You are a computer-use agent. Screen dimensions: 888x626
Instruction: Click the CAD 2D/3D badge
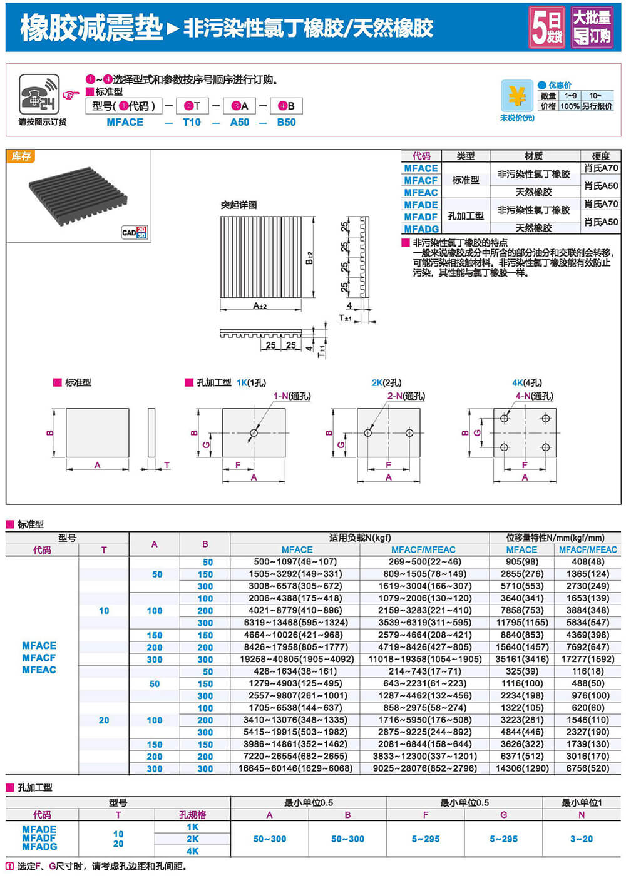[135, 232]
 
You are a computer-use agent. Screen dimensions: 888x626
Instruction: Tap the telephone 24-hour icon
[38, 94]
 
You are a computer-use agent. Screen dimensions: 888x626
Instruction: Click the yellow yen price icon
[516, 96]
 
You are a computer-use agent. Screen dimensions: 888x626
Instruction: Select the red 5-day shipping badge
[546, 27]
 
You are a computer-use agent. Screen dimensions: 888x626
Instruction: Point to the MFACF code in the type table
[421, 180]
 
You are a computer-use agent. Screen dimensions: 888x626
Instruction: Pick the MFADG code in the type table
[421, 229]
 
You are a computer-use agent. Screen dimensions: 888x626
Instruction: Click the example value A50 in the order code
[240, 122]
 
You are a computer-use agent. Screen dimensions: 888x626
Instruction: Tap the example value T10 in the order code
[192, 122]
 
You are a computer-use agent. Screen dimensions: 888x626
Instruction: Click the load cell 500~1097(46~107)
[295, 562]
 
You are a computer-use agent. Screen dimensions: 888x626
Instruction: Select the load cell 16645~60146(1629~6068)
[295, 768]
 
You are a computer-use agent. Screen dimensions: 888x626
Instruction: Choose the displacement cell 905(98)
[521, 562]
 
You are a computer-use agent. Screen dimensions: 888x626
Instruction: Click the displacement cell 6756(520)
[587, 768]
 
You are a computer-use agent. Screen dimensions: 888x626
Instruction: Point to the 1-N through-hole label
[292, 396]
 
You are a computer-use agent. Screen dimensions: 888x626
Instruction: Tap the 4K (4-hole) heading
[526, 382]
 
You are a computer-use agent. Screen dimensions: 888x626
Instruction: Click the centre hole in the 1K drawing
[254, 432]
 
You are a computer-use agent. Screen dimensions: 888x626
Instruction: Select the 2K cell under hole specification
[192, 839]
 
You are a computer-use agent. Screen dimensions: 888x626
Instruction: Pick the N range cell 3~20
[581, 839]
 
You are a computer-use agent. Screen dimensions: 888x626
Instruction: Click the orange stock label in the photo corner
[21, 156]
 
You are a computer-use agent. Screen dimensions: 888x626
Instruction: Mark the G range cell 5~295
[503, 839]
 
